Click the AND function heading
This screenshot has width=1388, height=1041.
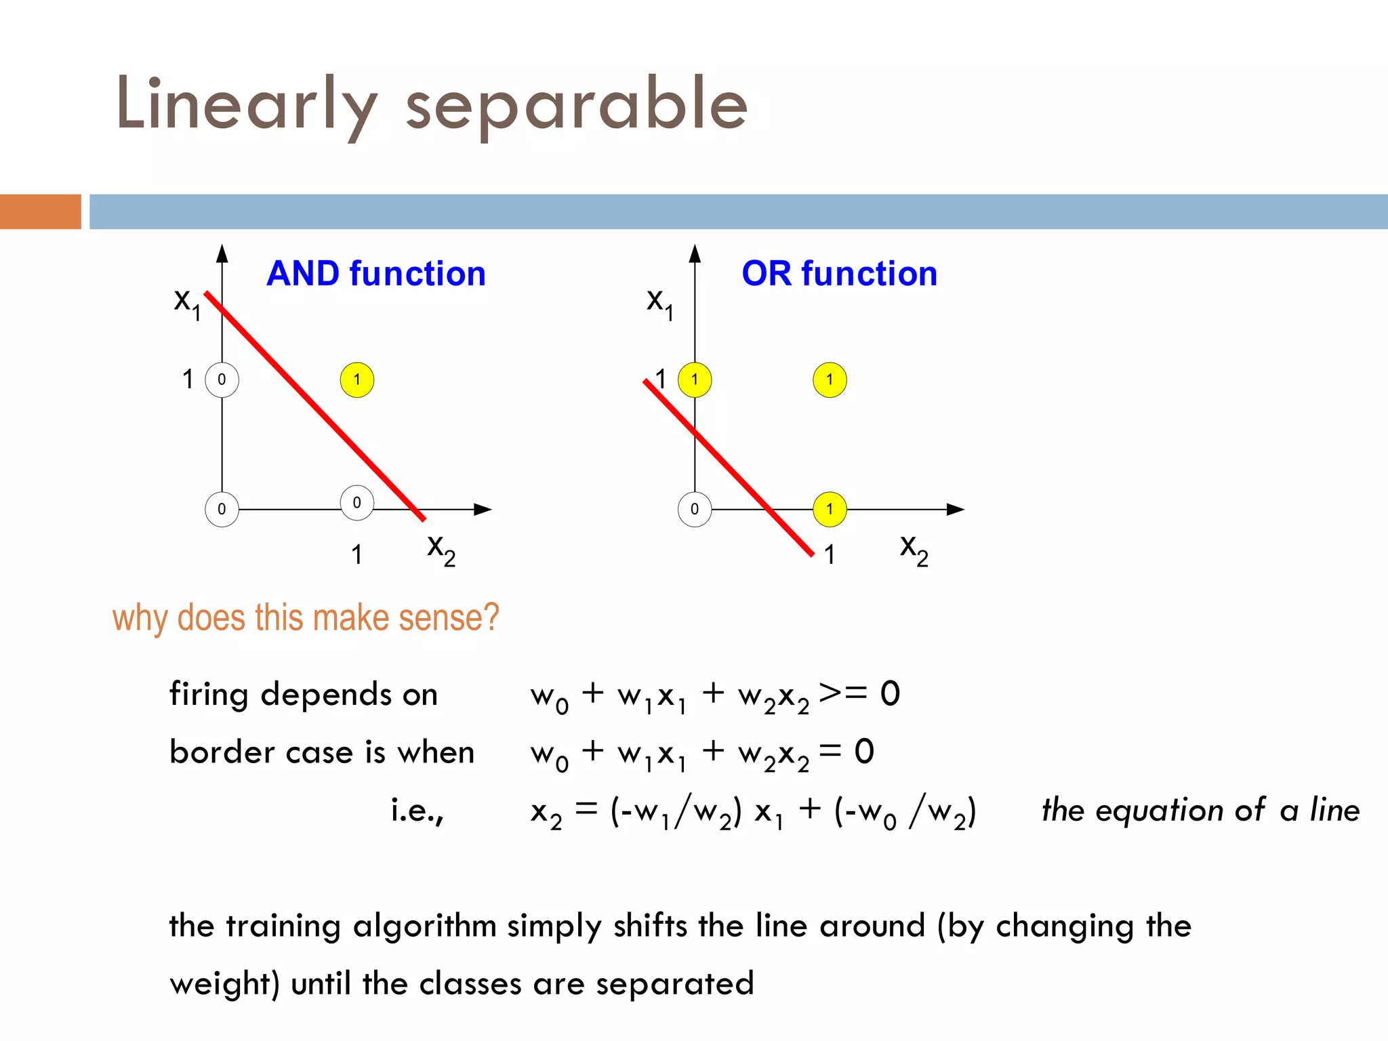point(376,274)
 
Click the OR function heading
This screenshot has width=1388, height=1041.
point(839,274)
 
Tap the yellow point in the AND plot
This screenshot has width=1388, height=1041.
point(357,380)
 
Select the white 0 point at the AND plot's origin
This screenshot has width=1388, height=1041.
point(222,509)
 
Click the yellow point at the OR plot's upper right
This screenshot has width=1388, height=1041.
point(830,380)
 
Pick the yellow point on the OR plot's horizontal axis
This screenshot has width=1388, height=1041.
point(830,509)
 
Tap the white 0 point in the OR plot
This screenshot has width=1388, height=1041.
point(695,509)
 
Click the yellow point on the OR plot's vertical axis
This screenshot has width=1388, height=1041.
point(695,380)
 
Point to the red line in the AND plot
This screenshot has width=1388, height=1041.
point(315,407)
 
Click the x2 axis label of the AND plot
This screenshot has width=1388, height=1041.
point(441,549)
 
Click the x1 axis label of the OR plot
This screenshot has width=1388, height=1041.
point(659,302)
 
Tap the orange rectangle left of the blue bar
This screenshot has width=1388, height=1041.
point(40,211)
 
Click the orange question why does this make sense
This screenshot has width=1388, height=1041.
point(305,617)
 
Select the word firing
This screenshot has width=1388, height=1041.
point(209,695)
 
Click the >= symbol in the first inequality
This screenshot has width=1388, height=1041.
point(842,693)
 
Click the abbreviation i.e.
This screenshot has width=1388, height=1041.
point(417,811)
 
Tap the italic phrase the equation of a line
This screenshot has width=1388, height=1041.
point(1200,811)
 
